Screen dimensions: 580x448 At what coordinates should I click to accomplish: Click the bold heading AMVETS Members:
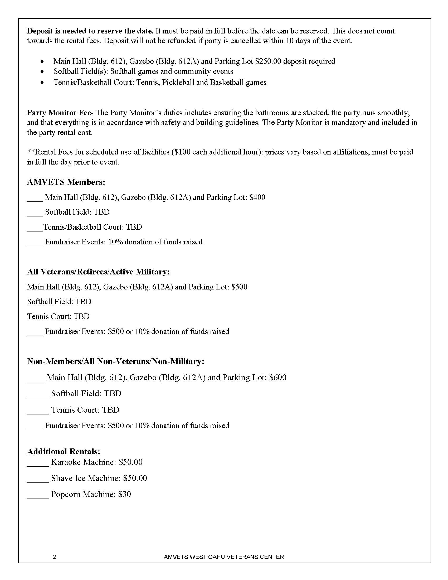pyautogui.click(x=66, y=182)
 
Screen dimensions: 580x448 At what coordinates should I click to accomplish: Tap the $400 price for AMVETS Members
pyautogui.click(x=257, y=197)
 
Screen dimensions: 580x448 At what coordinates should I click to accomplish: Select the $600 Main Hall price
pyautogui.click(x=277, y=377)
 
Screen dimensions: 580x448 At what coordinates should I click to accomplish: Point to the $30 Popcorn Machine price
pyautogui.click(x=124, y=494)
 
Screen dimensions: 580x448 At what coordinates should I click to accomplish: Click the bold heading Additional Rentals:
pyautogui.click(x=64, y=451)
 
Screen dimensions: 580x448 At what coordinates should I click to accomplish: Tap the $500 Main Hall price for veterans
pyautogui.click(x=239, y=287)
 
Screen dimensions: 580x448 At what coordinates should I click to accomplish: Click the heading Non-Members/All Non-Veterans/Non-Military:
pyautogui.click(x=116, y=361)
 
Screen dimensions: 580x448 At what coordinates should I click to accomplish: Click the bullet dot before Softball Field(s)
pyautogui.click(x=42, y=72)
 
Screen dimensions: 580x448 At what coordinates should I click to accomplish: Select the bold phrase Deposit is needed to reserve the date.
pyautogui.click(x=90, y=31)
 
